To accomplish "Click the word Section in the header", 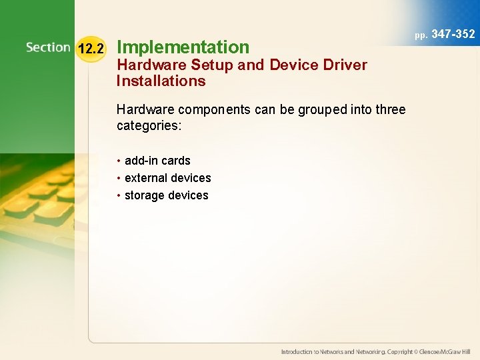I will (x=48, y=47).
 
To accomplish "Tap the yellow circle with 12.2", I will (x=90, y=48).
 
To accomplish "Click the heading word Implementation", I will (x=183, y=47).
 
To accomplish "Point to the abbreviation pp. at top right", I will (x=421, y=35).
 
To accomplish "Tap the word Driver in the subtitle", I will (x=345, y=65).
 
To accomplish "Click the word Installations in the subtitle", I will (x=161, y=81).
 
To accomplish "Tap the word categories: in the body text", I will (x=149, y=126).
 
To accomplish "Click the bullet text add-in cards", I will (x=157, y=161).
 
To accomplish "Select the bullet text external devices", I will (x=167, y=178).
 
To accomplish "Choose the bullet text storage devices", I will (x=166, y=195).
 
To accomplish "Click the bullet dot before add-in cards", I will (x=119, y=161).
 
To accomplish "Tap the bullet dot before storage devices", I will (x=119, y=195).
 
